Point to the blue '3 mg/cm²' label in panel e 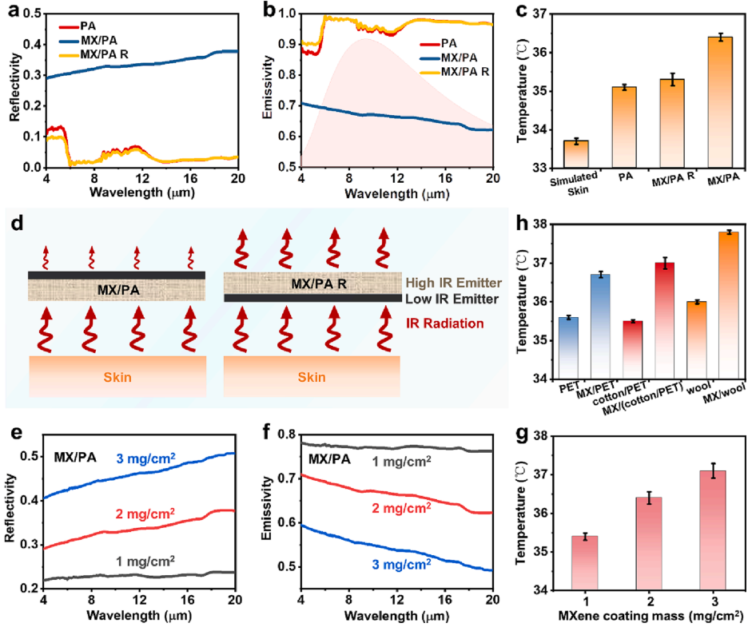pyautogui.click(x=146, y=458)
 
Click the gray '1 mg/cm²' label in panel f pyautogui.click(x=401, y=461)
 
